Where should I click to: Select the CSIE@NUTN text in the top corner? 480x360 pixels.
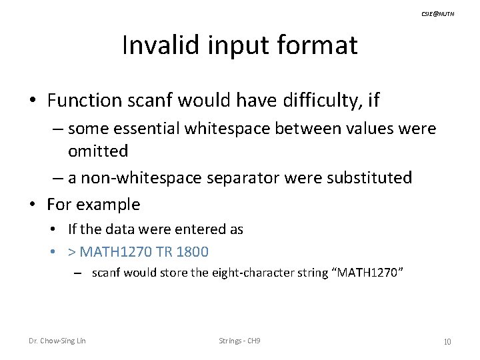[x=439, y=13]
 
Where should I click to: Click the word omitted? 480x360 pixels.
[x=98, y=151]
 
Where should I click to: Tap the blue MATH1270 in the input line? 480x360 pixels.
[x=109, y=251]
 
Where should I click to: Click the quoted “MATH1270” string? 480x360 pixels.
[x=367, y=272]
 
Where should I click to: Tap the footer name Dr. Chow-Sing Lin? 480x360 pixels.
[x=57, y=341]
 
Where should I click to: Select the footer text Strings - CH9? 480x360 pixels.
[x=239, y=341]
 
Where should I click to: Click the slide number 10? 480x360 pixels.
[x=447, y=342]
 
